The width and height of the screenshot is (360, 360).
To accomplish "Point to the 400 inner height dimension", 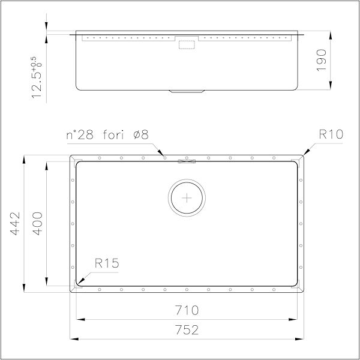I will [x=38, y=223].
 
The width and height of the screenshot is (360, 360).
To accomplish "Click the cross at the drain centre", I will [x=188, y=196].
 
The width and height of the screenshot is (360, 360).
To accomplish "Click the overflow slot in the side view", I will [x=188, y=43].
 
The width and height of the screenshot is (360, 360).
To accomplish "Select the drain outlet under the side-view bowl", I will [x=188, y=91].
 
